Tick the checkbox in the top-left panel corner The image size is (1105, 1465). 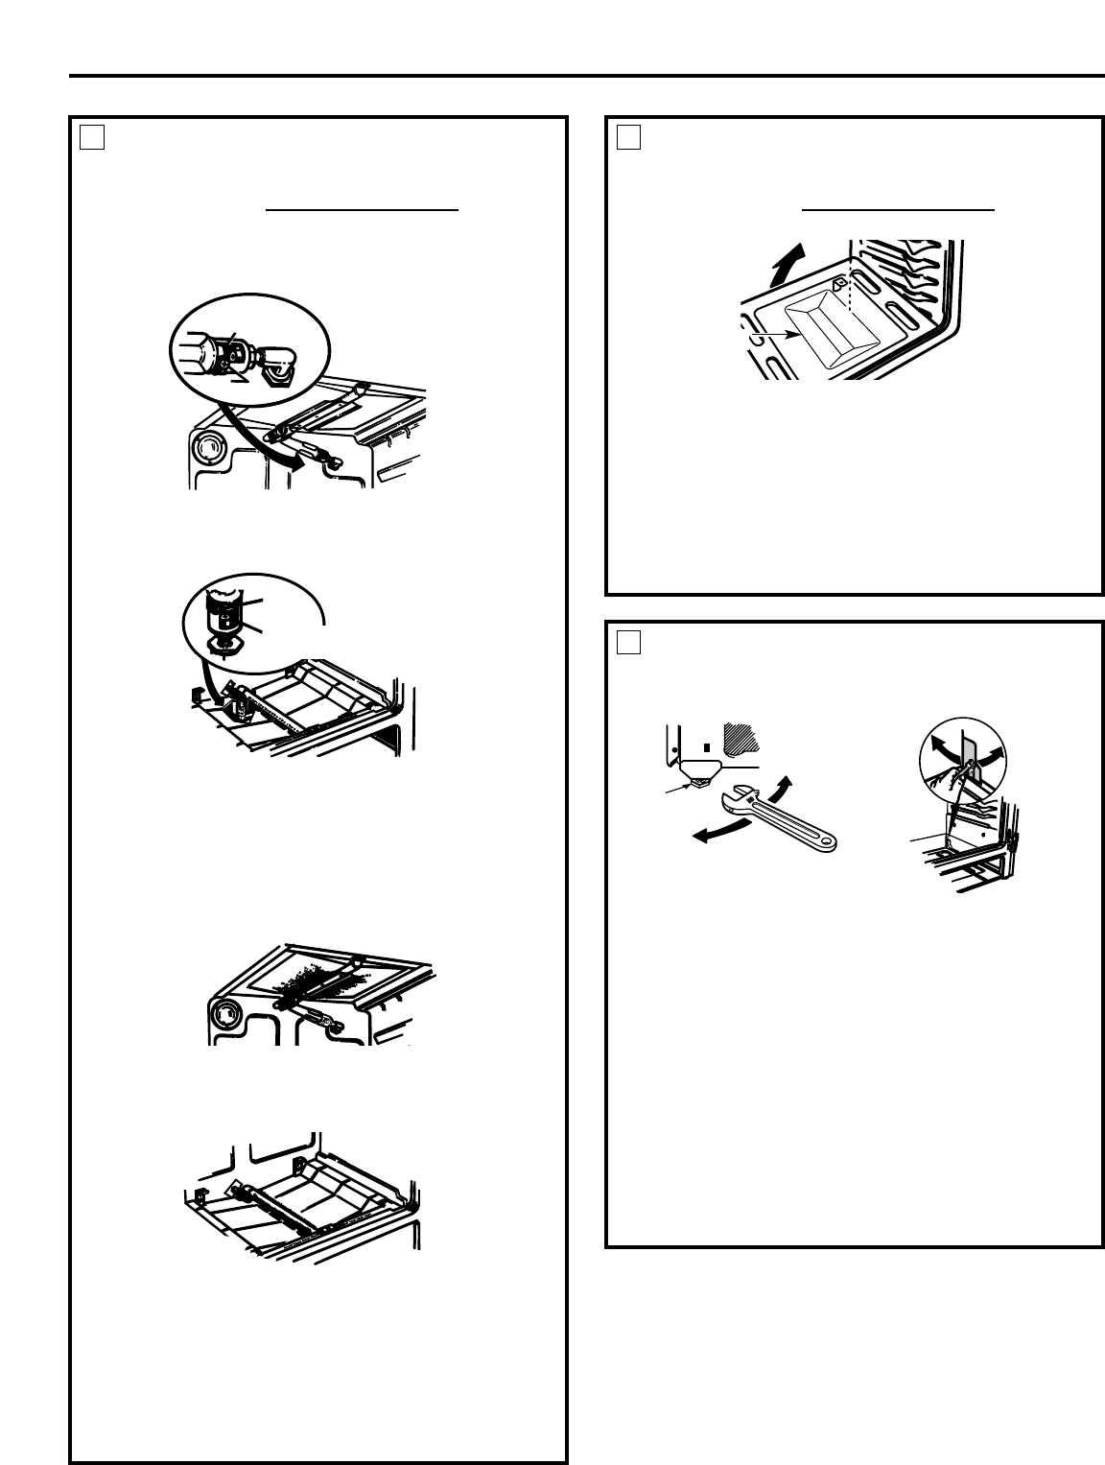(x=92, y=139)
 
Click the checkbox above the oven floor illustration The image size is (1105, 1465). (x=628, y=139)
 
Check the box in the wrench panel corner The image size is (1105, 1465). (x=628, y=642)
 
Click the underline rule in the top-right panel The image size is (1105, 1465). (x=898, y=209)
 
